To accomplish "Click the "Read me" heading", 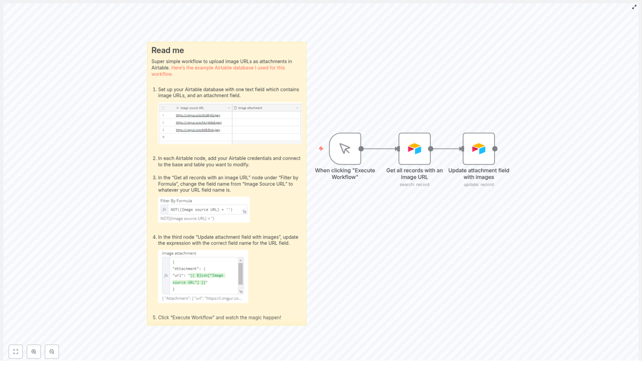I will click(x=167, y=51).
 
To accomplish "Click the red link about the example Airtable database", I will click(x=228, y=68).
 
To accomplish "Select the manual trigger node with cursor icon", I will click(x=345, y=149).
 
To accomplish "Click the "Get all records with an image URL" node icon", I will click(x=414, y=149).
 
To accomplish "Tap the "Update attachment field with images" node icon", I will click(x=478, y=149).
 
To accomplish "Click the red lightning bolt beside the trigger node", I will click(x=321, y=148).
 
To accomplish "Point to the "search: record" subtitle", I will click(x=414, y=185).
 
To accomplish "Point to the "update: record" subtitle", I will click(x=478, y=185).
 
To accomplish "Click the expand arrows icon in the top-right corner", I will click(x=634, y=7).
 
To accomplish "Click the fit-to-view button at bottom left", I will click(x=16, y=352).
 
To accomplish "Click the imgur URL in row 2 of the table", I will click(x=198, y=123).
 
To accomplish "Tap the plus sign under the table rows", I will click(x=163, y=137).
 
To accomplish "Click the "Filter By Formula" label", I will click(x=176, y=201).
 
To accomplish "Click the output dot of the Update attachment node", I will click(x=495, y=149).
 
